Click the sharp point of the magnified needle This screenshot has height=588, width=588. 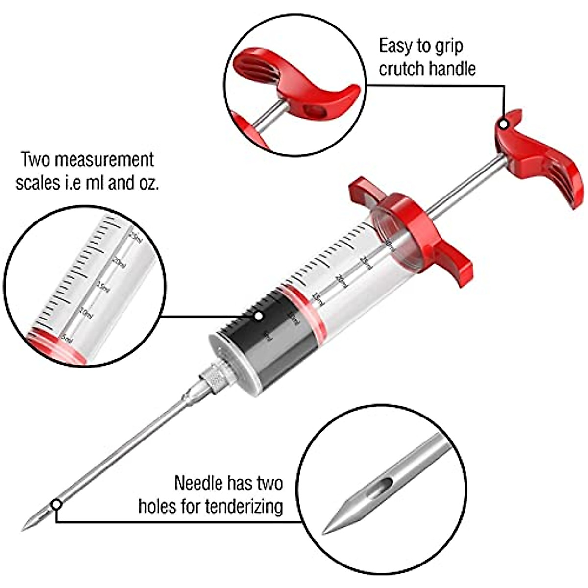(325, 533)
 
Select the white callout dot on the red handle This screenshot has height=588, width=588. (504, 124)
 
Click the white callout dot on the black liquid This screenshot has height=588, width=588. (258, 316)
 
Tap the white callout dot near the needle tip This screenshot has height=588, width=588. (57, 504)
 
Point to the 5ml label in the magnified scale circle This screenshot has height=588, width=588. (66, 339)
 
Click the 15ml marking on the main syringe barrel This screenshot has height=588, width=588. (318, 298)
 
